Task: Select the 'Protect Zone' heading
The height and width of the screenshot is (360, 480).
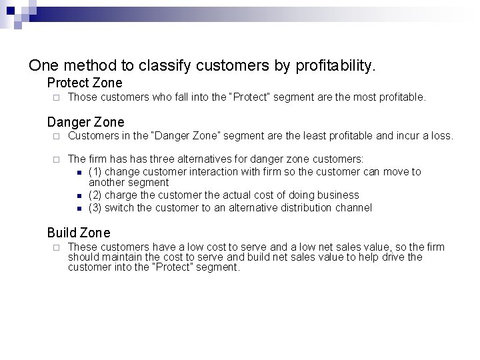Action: click(x=85, y=83)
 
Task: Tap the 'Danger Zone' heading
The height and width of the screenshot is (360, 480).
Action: click(x=85, y=121)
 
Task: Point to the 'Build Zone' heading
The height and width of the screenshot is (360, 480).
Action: click(x=79, y=233)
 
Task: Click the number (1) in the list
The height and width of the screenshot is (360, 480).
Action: click(x=95, y=172)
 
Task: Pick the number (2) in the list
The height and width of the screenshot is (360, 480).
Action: click(x=95, y=195)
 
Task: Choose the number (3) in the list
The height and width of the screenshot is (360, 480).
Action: click(x=95, y=207)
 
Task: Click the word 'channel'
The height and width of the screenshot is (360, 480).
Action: click(x=355, y=207)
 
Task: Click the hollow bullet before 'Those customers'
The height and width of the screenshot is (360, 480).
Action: click(x=58, y=98)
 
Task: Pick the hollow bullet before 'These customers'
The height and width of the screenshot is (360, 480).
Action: click(x=58, y=247)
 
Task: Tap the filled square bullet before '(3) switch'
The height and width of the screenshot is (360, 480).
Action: click(x=79, y=208)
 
